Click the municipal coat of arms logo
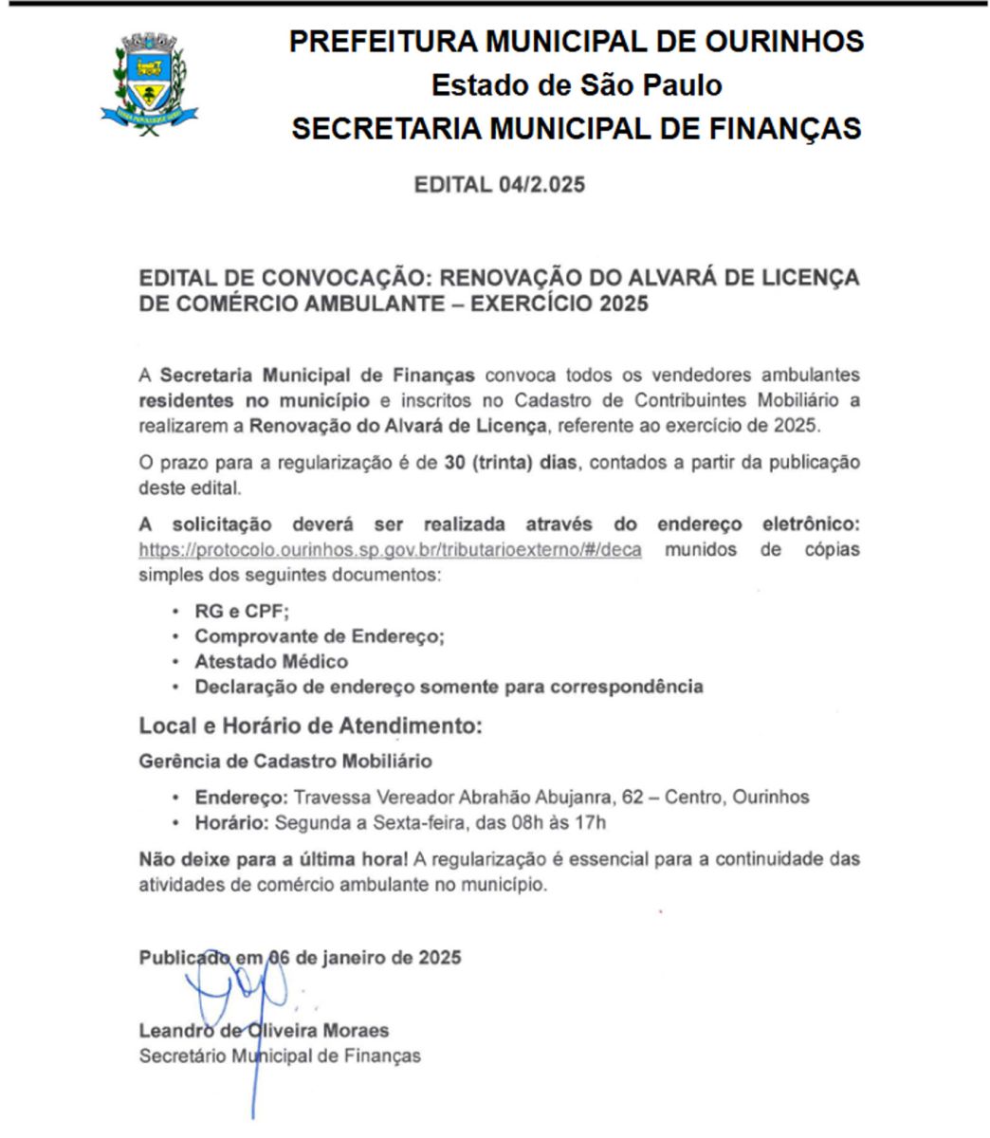coord(149,83)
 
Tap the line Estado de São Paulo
coord(577,85)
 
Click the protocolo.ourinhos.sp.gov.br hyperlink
coord(390,550)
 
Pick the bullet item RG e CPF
coord(242,612)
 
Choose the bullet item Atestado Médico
coord(271,661)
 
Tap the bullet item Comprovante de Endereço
coord(320,636)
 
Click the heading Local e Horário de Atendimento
coord(310,726)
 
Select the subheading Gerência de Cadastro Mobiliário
coord(285,761)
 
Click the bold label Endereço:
coord(242,797)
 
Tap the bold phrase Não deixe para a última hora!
coord(274,859)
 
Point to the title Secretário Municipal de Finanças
coord(280,1055)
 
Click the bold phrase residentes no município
coord(254,400)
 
